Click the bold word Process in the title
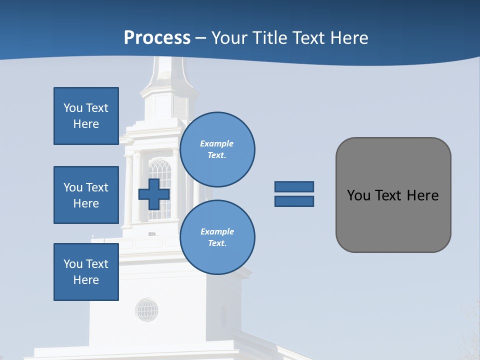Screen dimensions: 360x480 point(157,38)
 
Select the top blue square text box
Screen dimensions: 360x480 point(86,116)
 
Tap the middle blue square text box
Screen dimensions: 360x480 point(86,195)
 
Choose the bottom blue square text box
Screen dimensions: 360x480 point(86,271)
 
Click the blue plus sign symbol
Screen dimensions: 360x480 point(154,194)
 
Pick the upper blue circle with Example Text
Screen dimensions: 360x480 point(217,149)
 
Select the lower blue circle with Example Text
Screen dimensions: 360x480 point(217,237)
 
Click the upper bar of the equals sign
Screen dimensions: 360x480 point(294,186)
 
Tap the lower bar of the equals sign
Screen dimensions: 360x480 point(294,201)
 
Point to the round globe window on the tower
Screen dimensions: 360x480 point(146,310)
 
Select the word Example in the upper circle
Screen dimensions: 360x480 point(217,143)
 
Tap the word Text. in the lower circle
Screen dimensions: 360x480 point(217,243)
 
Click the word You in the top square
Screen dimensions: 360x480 point(72,108)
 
